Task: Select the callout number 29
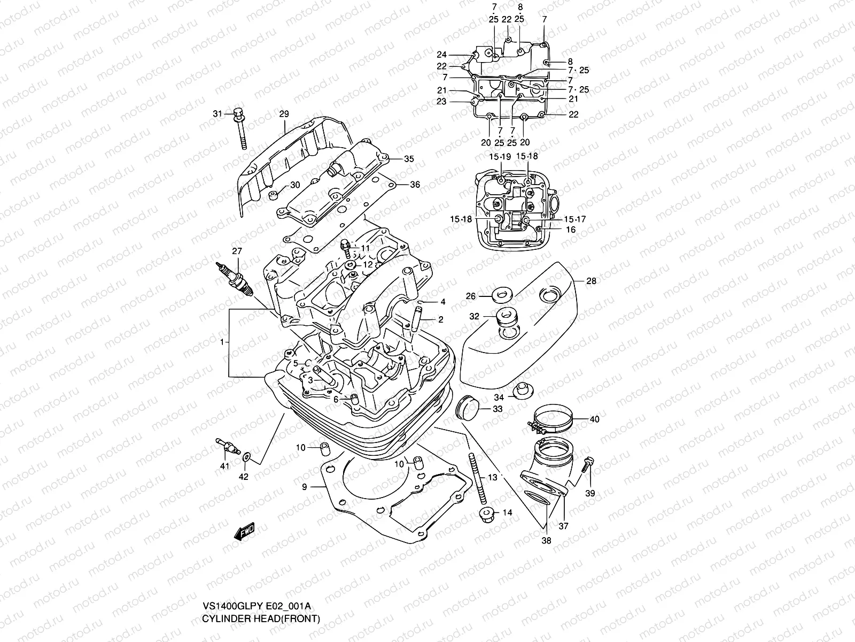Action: click(x=284, y=114)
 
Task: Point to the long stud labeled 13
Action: click(x=479, y=476)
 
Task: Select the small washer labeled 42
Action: click(x=246, y=457)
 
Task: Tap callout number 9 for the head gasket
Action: click(x=304, y=487)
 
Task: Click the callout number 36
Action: click(x=415, y=185)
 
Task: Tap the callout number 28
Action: click(x=591, y=281)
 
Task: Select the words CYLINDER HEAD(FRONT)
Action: click(x=261, y=618)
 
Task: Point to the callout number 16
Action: click(x=571, y=230)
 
